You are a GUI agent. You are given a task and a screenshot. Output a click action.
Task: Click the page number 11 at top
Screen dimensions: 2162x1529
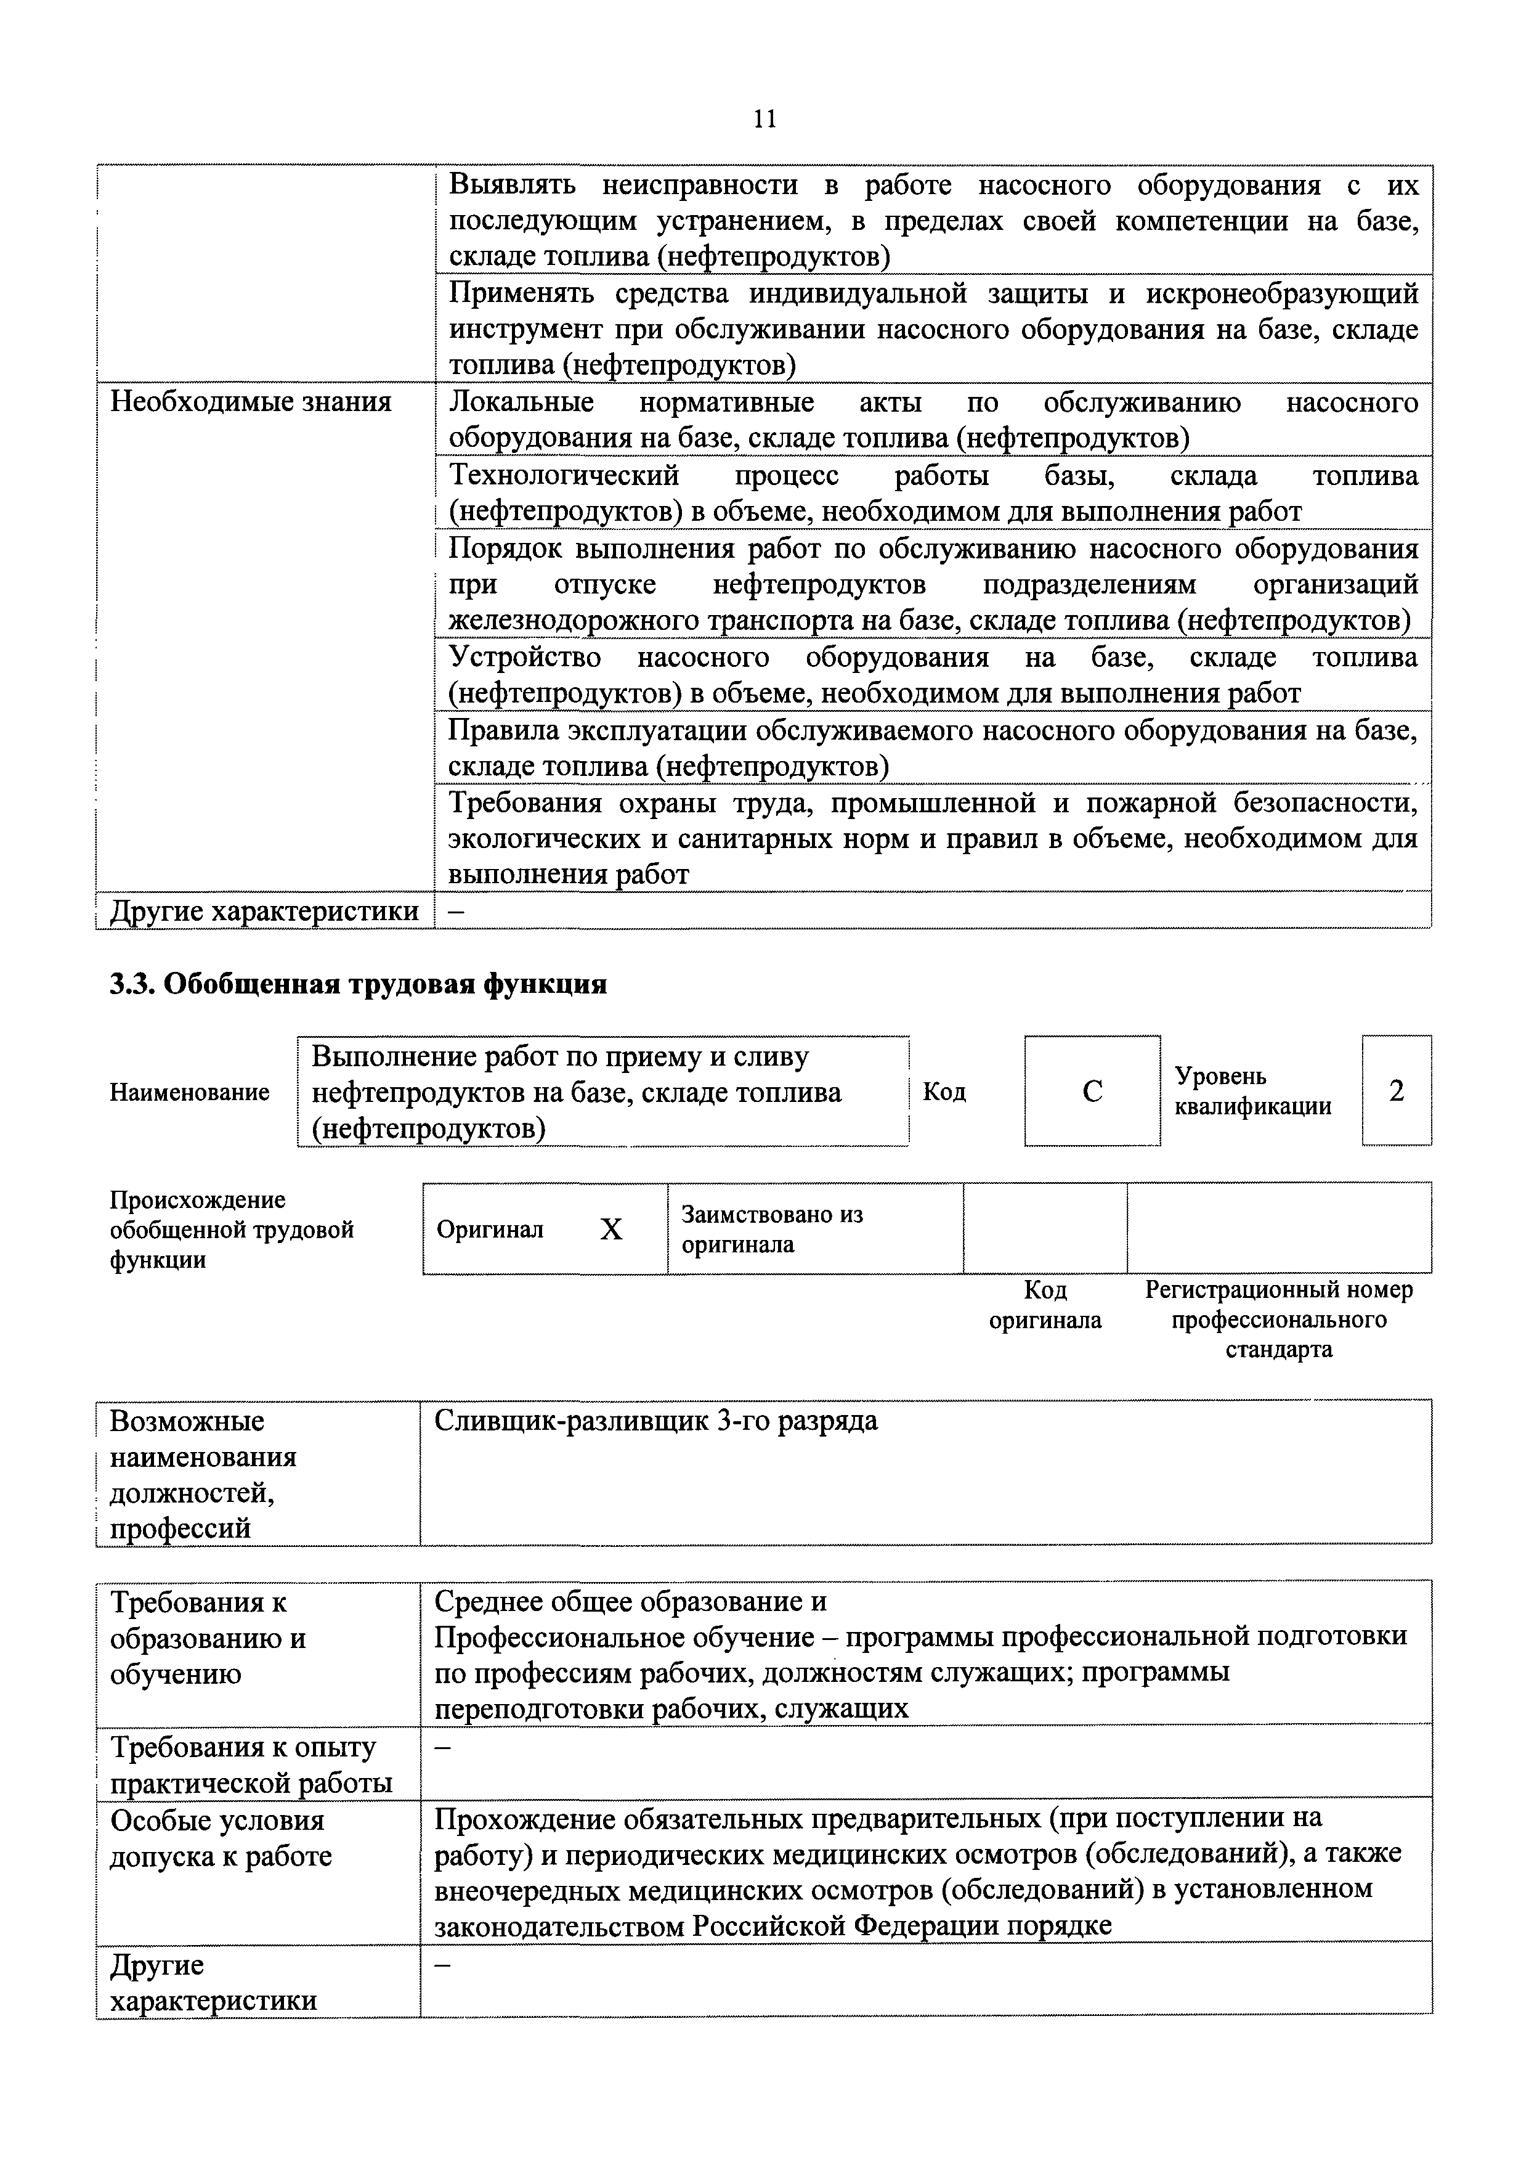point(764,119)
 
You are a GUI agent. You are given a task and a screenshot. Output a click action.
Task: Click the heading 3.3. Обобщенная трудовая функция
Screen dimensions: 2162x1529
point(358,985)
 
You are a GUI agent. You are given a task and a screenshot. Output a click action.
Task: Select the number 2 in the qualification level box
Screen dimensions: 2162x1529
point(1397,1090)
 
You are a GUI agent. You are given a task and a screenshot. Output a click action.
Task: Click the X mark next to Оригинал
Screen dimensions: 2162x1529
point(611,1230)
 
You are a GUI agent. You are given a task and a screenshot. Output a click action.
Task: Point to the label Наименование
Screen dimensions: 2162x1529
point(189,1092)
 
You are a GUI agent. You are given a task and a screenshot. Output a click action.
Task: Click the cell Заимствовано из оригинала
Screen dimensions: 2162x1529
point(772,1229)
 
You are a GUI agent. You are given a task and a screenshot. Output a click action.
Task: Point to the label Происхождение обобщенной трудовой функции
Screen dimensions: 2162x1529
point(232,1230)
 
